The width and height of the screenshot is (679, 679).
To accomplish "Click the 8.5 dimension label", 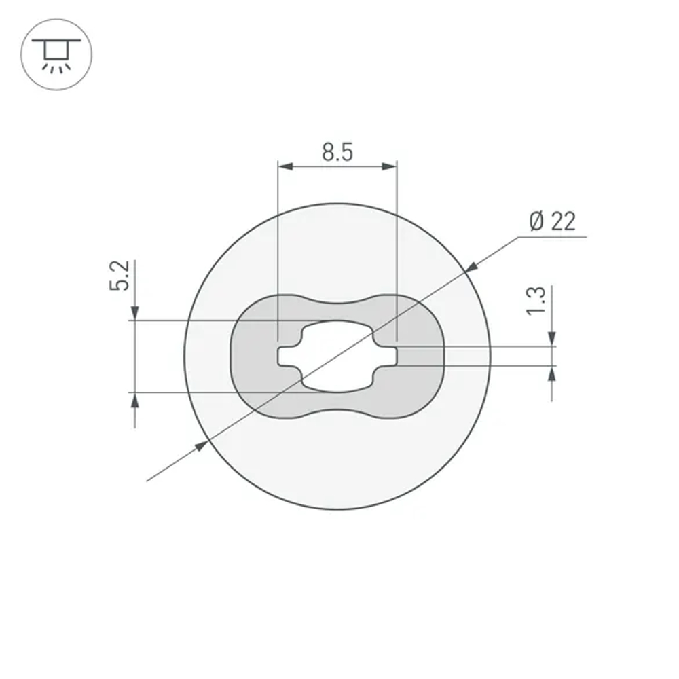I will [337, 152].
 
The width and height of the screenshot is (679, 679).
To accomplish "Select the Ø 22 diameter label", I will [551, 221].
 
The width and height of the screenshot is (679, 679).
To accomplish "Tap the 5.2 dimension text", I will [120, 276].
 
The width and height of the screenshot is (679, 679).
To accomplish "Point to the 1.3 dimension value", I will [536, 301].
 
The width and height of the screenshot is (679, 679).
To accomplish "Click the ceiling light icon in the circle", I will [56, 54].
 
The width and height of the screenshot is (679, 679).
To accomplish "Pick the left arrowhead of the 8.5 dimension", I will [285, 166].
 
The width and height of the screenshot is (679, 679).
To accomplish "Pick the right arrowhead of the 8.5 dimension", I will [390, 166].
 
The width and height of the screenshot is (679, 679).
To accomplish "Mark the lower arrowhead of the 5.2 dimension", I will [135, 400].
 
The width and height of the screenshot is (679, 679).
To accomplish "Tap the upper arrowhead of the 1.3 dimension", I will [551, 339].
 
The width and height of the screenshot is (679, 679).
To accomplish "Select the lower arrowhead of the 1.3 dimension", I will [551, 373].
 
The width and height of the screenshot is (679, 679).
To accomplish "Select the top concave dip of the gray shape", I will [337, 303].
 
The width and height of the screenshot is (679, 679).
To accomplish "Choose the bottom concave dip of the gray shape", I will [337, 410].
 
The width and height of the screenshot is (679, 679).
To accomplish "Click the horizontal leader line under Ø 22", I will [551, 237].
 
